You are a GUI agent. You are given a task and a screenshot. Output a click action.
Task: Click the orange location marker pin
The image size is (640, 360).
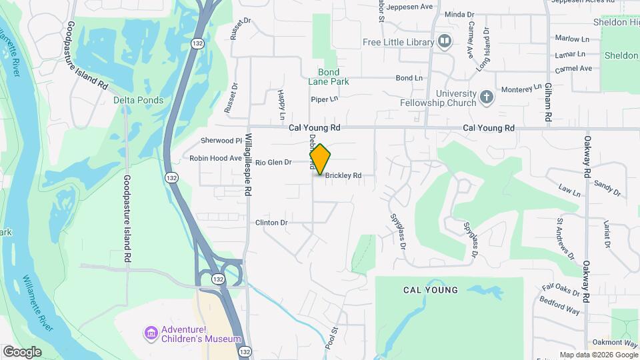(320, 159)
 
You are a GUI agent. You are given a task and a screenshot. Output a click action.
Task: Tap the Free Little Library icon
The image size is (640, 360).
(445, 42)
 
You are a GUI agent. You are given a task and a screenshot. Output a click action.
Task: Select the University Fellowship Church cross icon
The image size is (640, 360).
(487, 97)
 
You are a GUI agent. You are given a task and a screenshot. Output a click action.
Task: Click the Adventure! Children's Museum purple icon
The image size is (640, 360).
(151, 333)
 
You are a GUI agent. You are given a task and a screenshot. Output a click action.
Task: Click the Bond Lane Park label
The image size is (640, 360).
(329, 77)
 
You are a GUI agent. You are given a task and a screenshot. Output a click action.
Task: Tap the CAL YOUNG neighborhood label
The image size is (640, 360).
(431, 290)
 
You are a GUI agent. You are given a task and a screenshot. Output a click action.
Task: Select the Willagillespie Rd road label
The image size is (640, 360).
(247, 163)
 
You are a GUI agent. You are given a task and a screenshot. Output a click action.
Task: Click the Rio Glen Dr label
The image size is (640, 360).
(273, 162)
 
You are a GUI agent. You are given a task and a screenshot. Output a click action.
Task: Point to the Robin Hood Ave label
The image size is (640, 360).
(215, 158)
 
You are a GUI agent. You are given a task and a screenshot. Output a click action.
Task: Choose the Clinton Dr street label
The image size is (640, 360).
(271, 222)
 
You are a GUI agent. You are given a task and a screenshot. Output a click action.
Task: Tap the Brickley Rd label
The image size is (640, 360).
(343, 176)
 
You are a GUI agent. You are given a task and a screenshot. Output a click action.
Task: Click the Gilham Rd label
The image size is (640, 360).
(547, 102)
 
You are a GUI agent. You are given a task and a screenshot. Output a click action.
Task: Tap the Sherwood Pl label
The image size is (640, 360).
(221, 141)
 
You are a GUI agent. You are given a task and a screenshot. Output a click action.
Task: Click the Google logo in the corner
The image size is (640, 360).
(22, 352)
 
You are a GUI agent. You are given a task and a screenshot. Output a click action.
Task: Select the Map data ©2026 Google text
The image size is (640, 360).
(598, 355)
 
